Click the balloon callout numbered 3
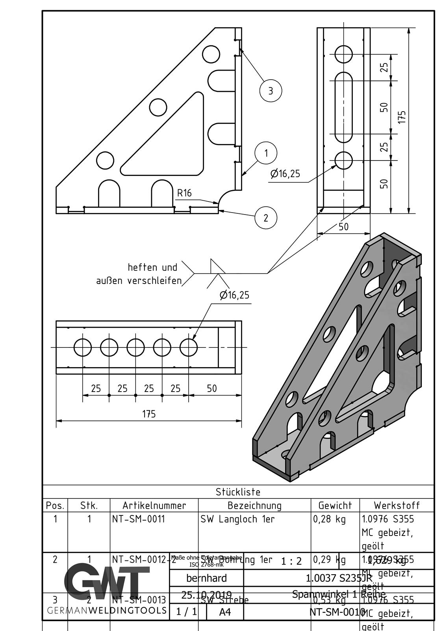(x=271, y=91)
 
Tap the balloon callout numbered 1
(x=266, y=153)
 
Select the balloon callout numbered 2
(x=265, y=218)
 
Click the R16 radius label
(x=184, y=193)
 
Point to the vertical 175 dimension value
(x=401, y=117)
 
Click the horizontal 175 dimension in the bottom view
(x=149, y=414)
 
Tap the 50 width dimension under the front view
(x=343, y=227)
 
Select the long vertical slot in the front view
(x=344, y=106)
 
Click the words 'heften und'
(x=152, y=267)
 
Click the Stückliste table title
(x=238, y=492)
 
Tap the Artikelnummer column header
(x=154, y=505)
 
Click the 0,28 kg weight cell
(x=329, y=519)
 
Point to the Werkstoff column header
(x=397, y=505)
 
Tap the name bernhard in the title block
(x=206, y=578)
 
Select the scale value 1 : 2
(x=291, y=561)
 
